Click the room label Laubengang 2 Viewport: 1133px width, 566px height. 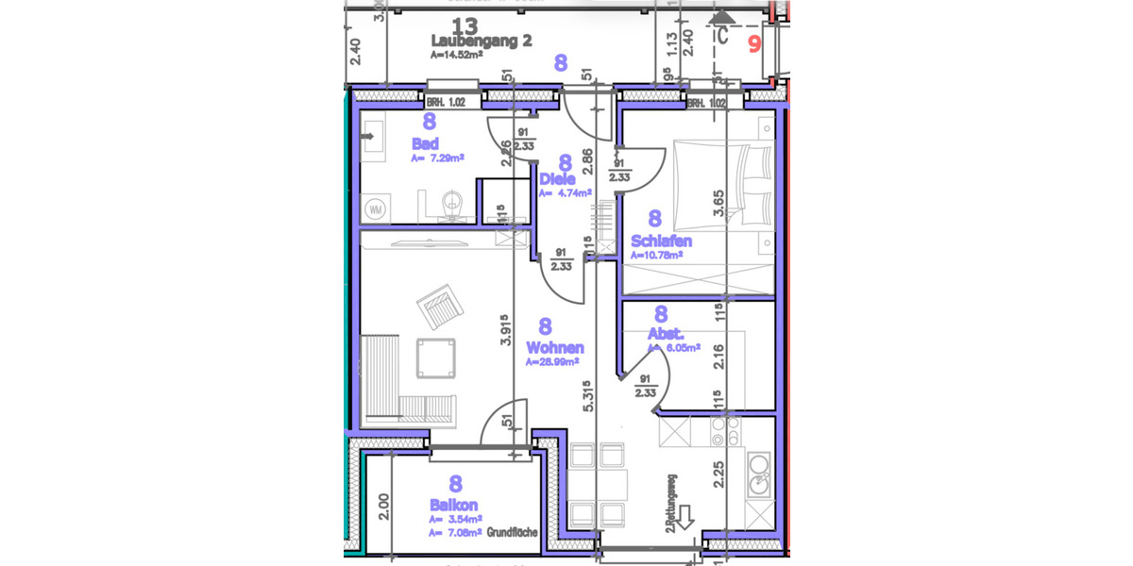[x=482, y=42]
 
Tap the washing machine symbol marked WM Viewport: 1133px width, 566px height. [x=375, y=208]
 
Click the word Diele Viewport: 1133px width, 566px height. [x=557, y=178]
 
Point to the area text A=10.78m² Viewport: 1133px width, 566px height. [x=656, y=255]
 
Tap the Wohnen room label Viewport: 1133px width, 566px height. [x=555, y=348]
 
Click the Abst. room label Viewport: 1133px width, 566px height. [x=666, y=334]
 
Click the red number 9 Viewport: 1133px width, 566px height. [x=754, y=42]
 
